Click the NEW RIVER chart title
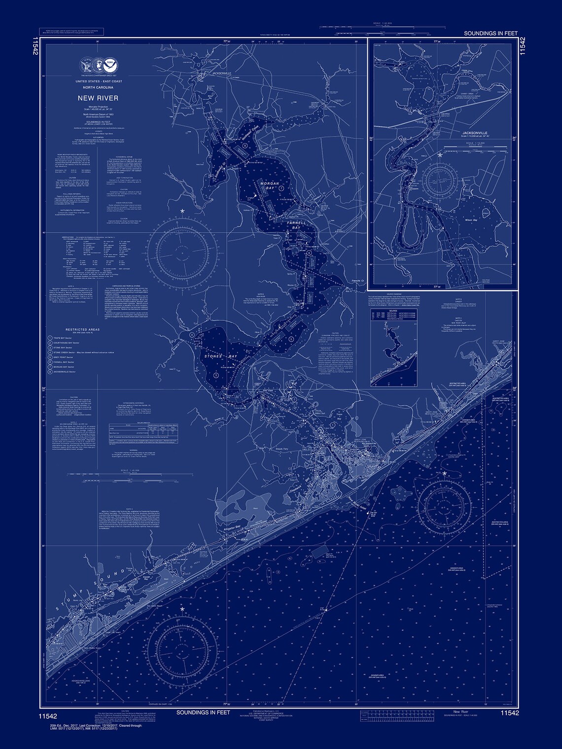click(91, 98)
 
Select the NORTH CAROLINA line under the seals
click(91, 86)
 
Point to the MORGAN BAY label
click(270, 186)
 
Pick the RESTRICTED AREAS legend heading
click(82, 329)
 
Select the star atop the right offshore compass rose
click(445, 474)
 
